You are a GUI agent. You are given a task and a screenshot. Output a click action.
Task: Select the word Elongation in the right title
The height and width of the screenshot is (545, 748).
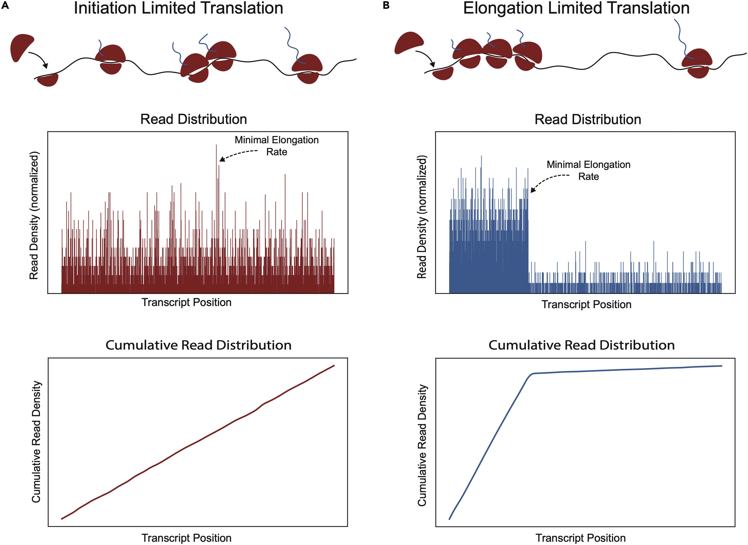tap(503, 8)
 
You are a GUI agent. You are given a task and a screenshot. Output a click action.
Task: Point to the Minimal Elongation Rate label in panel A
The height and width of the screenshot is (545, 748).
tap(276, 146)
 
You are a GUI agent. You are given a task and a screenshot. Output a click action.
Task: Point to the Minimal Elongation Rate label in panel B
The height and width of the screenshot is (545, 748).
tap(588, 170)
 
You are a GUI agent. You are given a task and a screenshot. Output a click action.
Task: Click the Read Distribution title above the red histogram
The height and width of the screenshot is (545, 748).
tap(194, 119)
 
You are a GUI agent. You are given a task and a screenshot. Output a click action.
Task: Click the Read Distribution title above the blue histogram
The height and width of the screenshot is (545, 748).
tap(588, 119)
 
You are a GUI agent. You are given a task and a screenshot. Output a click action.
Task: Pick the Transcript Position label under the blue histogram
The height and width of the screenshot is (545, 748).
tap(586, 304)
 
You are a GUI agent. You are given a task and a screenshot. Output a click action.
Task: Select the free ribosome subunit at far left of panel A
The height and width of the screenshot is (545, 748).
tap(21, 46)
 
